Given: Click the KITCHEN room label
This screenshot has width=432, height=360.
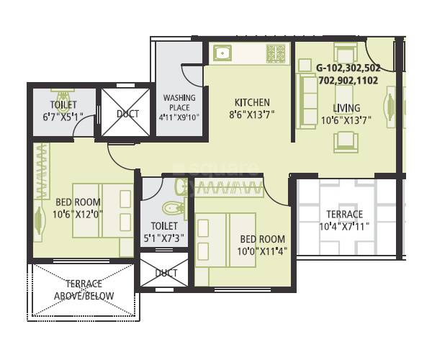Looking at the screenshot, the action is [252, 102].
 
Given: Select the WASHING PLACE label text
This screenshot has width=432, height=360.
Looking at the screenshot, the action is [179, 102].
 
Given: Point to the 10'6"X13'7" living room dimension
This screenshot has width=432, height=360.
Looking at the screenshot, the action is [346, 120].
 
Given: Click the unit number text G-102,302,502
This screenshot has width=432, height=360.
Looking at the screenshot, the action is [348, 68].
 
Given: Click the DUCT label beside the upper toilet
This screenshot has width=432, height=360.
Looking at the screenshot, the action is [127, 114].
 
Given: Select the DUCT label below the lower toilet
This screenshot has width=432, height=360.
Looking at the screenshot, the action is [166, 273].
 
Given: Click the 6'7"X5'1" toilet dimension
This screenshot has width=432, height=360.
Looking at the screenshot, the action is [63, 117].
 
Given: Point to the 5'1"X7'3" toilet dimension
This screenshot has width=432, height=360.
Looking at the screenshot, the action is [164, 238].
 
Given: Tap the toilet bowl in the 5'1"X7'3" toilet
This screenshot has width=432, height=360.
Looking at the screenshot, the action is [174, 208].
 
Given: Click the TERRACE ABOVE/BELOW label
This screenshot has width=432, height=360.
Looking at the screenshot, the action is [84, 289].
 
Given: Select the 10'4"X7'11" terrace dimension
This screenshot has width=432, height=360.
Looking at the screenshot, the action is [344, 226].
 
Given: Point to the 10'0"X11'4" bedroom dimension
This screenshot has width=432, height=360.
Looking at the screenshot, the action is [263, 251].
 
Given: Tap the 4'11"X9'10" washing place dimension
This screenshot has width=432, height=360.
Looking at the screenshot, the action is [179, 117].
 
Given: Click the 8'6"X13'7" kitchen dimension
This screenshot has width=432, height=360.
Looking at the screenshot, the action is [252, 114].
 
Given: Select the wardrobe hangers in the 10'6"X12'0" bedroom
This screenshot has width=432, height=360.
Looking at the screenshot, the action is [43, 170].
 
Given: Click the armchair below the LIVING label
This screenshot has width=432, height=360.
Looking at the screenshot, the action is [346, 142].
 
